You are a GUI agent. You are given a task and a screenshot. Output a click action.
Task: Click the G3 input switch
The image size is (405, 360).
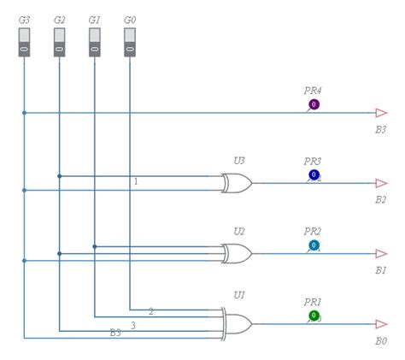24,42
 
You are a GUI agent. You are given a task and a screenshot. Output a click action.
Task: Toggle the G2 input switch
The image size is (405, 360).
59,42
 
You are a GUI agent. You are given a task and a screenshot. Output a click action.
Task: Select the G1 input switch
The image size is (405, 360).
94,42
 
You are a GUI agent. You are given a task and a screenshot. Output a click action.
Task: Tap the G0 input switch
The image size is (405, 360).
129,42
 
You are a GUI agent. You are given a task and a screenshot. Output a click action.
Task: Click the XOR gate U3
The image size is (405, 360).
237,183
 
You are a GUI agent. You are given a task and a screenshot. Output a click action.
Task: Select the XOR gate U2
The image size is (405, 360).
237,254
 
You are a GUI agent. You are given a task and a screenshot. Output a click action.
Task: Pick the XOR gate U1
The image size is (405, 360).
237,324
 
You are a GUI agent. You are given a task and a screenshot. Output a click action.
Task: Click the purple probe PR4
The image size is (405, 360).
314,105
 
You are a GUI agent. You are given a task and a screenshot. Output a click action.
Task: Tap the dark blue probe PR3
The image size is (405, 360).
314,175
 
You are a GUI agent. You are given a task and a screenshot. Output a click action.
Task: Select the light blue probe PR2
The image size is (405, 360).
314,245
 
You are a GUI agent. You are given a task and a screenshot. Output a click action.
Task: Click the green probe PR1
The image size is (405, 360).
314,316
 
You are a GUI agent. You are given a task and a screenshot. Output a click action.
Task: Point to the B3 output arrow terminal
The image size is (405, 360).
381,113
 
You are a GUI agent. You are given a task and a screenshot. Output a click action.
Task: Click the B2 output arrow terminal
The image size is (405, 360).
381,183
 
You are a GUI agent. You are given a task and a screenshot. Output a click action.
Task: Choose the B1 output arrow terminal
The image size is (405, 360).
381,254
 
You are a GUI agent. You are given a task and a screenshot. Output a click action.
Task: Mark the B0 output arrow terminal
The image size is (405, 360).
381,324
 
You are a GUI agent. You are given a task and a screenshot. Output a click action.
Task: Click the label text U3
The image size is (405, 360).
239,160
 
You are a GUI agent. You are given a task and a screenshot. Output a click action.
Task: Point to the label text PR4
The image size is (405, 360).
313,90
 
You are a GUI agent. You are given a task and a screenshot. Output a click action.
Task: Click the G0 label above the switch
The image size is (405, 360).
129,19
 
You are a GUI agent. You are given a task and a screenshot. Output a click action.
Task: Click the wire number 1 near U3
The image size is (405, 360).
135,181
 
